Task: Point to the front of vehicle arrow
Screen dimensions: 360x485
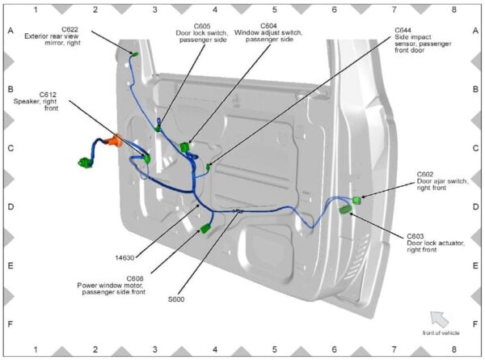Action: [x=439, y=319]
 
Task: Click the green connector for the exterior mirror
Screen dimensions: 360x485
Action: [x=134, y=55]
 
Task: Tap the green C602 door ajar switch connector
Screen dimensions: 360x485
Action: [x=356, y=199]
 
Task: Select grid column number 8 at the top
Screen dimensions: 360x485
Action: [x=453, y=10]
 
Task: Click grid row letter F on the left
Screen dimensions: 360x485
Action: [x=11, y=324]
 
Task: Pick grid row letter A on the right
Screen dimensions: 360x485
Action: [x=474, y=31]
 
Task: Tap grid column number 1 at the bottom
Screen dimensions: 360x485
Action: [x=36, y=350]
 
